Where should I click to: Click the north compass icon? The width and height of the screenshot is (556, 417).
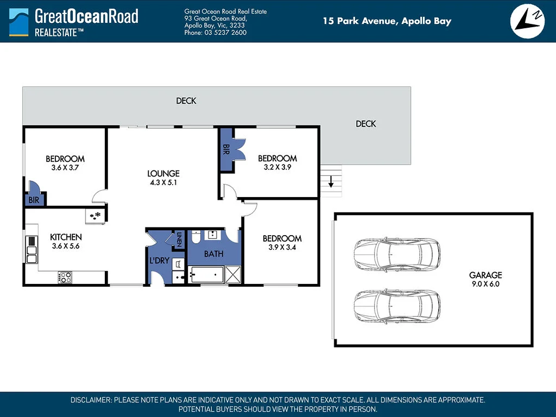click(x=527, y=21)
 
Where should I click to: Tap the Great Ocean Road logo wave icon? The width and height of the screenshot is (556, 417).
click(x=19, y=22)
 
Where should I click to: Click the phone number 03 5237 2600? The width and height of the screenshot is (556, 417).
click(x=225, y=33)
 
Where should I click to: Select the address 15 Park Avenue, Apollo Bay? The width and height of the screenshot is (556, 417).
click(x=387, y=21)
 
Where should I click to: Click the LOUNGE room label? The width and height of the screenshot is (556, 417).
click(x=163, y=173)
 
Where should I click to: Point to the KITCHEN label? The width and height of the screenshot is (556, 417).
click(x=66, y=237)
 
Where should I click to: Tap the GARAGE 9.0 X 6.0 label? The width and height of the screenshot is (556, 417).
click(x=485, y=279)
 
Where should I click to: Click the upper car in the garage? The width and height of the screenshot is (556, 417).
click(x=397, y=255)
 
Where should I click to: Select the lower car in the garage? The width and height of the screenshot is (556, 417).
click(x=397, y=306)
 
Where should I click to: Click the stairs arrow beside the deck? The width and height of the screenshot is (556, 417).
click(x=331, y=181)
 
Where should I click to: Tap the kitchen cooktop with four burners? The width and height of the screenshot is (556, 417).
click(x=65, y=277)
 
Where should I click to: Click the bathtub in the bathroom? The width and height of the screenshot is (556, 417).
click(x=206, y=274)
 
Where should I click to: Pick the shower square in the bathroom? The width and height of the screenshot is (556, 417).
click(x=233, y=274)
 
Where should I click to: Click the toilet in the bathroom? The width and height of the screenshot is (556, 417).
click(x=196, y=237)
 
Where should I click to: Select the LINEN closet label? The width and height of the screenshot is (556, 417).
click(x=179, y=239)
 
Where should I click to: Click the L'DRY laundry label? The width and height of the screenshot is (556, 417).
click(x=159, y=261)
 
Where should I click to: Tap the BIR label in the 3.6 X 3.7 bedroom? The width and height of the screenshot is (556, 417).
click(x=34, y=200)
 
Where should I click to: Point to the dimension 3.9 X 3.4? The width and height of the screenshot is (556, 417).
click(x=282, y=248)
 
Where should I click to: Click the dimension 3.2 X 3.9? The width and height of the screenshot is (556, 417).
click(x=277, y=167)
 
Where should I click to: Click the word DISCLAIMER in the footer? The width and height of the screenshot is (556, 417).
click(x=91, y=400)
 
